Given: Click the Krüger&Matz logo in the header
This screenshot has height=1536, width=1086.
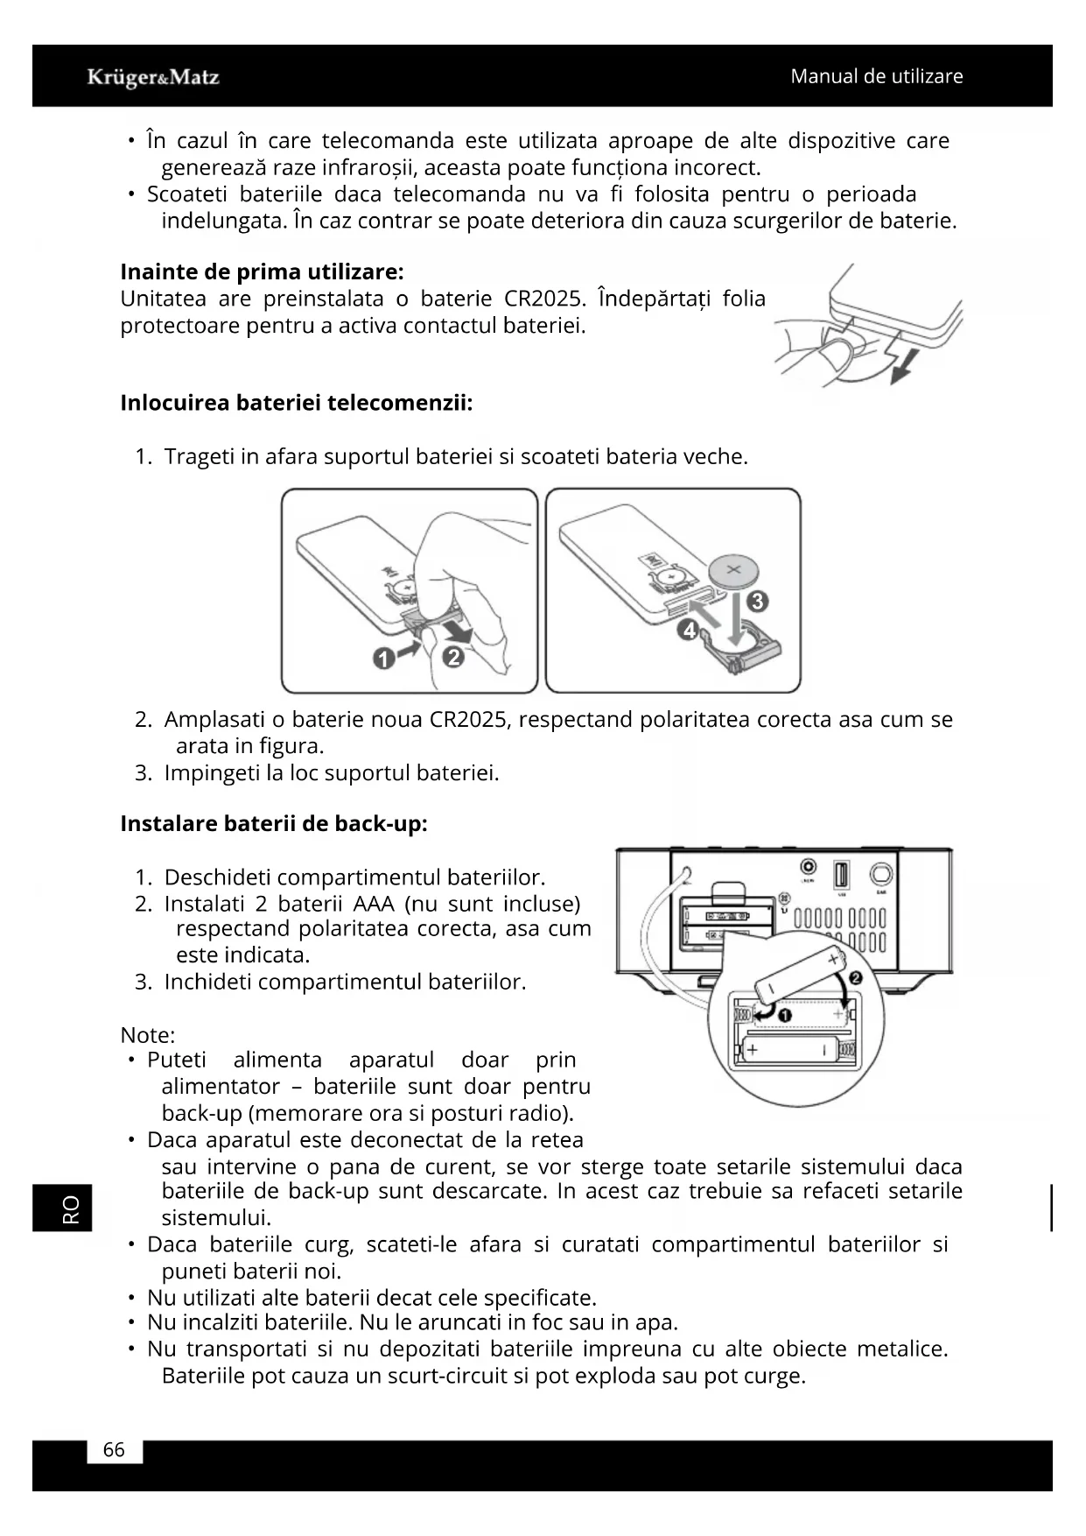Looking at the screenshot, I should point(153,77).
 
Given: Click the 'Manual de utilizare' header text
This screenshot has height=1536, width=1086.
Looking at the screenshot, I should point(876,76).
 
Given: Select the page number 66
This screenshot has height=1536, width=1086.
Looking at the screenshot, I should point(114,1449).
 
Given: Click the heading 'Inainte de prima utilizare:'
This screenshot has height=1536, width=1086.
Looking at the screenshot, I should point(262,271).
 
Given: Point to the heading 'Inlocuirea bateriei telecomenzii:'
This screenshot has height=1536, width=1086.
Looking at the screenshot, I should point(296,403).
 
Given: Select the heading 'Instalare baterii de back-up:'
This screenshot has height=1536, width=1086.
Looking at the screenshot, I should point(273,823).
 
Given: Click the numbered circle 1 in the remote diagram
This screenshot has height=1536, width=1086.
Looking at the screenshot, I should point(382,659).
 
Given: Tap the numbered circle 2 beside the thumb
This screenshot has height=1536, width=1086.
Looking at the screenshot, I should point(452,656).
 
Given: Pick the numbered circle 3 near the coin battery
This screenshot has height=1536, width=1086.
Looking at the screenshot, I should point(758,602).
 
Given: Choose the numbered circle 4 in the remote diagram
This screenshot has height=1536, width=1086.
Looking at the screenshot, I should point(689,630).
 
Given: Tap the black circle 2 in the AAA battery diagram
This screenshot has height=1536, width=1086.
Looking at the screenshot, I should point(855,976).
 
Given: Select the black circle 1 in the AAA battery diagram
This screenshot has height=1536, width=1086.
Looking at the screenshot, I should point(784,1015).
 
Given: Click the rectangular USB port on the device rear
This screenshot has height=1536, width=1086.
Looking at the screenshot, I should point(841,875).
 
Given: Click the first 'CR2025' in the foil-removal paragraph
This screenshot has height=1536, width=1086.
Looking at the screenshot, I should point(544,299).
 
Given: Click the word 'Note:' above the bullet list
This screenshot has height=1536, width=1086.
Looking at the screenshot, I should point(147,1034).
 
